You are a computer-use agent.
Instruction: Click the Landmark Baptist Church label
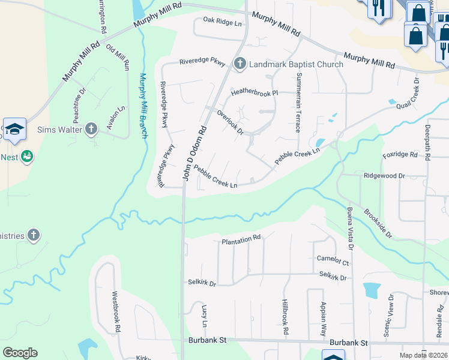click(297, 64)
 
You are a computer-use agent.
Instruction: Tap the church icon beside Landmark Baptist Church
click(240, 64)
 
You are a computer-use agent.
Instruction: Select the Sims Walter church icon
click(91, 128)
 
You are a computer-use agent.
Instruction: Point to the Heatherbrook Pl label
click(255, 93)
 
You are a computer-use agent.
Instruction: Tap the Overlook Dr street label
click(230, 122)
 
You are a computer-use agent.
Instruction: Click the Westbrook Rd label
click(116, 312)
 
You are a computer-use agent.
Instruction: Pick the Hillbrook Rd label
click(286, 318)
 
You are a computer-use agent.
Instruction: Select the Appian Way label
click(324, 318)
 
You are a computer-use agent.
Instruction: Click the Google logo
click(20, 352)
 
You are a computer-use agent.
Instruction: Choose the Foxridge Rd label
click(400, 155)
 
